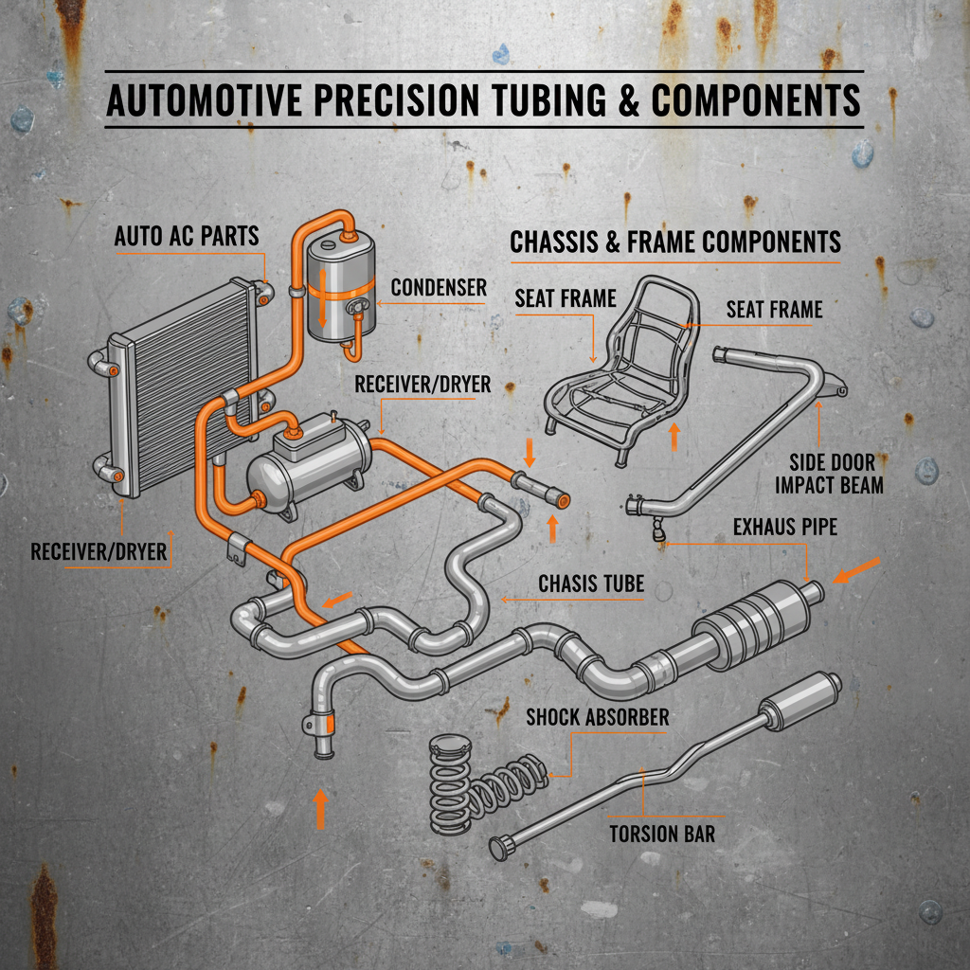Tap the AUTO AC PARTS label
pyautogui.click(x=187, y=236)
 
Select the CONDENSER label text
pyautogui.click(x=438, y=286)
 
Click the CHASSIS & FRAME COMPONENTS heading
pyautogui.click(x=675, y=242)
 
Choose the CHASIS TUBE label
pyautogui.click(x=591, y=584)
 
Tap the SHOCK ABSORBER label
pyautogui.click(x=597, y=717)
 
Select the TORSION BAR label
pyautogui.click(x=661, y=834)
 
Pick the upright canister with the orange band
pyautogui.click(x=342, y=289)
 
